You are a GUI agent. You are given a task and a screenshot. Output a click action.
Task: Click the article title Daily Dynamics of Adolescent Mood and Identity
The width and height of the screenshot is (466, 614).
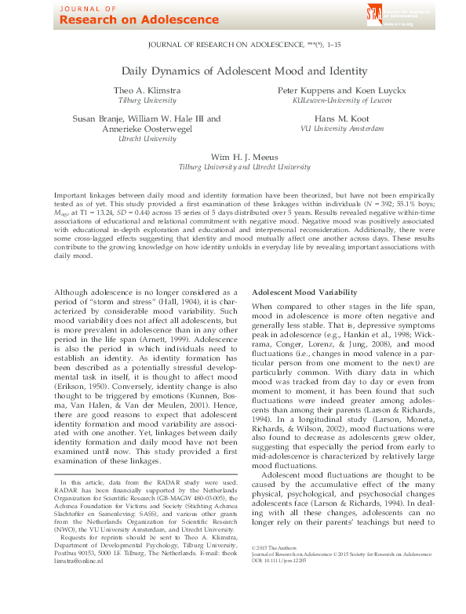tap(232, 71)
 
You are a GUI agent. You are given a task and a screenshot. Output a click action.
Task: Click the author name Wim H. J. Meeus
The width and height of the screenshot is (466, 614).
tap(233, 157)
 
